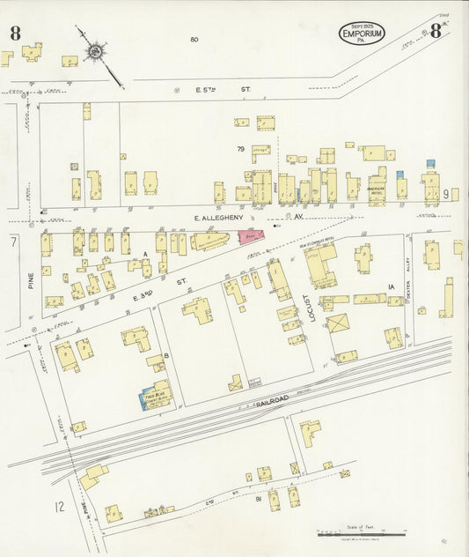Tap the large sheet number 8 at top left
click(16, 33)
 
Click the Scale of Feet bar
click(361, 534)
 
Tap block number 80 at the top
click(194, 39)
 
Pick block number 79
click(239, 149)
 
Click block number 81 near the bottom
click(259, 499)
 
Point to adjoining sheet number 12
click(59, 506)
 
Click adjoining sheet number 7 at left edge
click(13, 240)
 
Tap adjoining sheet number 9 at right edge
click(446, 194)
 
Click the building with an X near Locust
click(338, 323)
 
